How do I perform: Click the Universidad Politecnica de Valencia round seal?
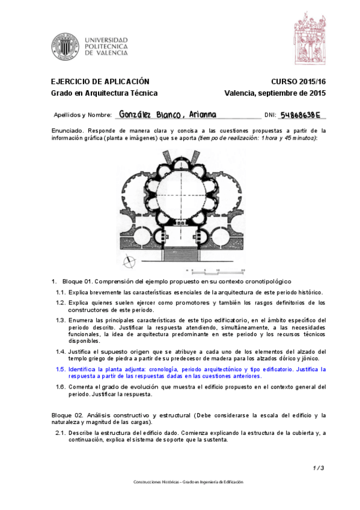65,46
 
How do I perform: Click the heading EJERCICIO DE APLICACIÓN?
100,81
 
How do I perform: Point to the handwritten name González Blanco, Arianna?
168,114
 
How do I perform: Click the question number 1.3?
60,320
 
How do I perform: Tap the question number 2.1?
60,432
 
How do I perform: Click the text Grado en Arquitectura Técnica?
104,93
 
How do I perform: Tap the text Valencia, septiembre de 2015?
275,93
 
